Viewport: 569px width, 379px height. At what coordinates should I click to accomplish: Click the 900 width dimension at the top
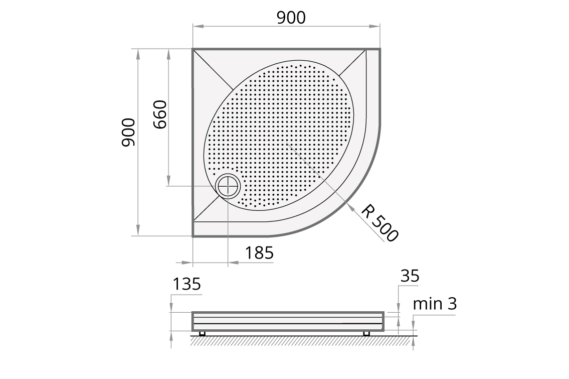[x=291, y=18]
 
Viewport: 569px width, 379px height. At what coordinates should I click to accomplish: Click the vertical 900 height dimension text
[x=128, y=133]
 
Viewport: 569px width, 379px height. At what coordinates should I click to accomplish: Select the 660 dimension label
[x=159, y=114]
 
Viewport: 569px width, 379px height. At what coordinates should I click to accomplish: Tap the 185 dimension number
[x=259, y=254]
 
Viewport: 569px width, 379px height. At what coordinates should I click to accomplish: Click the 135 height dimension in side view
[x=186, y=284]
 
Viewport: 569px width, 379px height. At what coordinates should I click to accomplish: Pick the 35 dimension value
[x=410, y=276]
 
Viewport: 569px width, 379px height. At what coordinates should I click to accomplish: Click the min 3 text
[x=435, y=304]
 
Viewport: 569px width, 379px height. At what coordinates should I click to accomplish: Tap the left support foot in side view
[x=203, y=333]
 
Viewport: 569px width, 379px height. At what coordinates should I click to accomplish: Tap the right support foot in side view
[x=366, y=333]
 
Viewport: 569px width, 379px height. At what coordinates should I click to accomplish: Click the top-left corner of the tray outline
[x=194, y=49]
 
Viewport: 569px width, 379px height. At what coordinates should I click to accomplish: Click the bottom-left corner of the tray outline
[x=194, y=235]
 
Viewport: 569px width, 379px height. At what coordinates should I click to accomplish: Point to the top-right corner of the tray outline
[x=380, y=49]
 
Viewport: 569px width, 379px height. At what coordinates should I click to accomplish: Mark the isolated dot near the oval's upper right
[x=333, y=79]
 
